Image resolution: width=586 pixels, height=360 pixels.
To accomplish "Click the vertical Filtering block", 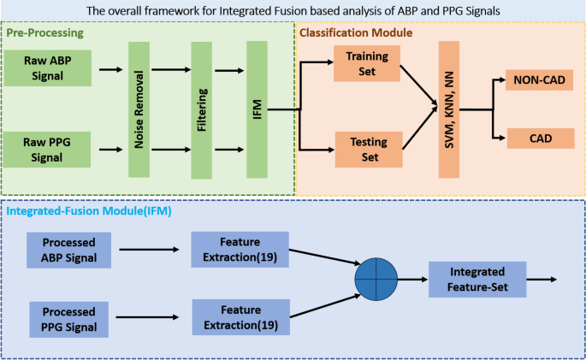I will [x=200, y=109].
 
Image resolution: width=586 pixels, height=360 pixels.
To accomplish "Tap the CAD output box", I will [x=540, y=137].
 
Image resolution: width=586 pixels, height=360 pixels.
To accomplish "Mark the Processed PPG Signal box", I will [x=68, y=317].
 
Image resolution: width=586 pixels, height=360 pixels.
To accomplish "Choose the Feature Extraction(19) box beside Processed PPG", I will [x=235, y=317].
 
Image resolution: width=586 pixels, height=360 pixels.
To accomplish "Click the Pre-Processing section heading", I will [x=44, y=32].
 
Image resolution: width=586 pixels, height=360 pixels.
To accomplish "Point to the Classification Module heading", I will [x=358, y=32].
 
